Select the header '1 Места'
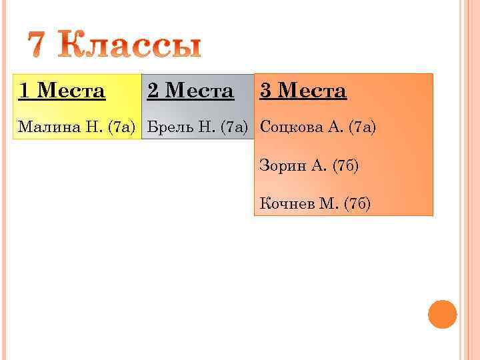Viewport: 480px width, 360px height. pyautogui.click(x=62, y=90)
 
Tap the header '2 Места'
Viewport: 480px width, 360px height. pyautogui.click(x=191, y=90)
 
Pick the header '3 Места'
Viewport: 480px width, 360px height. pyautogui.click(x=303, y=90)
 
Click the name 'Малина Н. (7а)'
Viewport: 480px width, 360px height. pyautogui.click(x=77, y=127)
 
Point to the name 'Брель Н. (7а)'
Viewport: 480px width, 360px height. pyautogui.click(x=197, y=127)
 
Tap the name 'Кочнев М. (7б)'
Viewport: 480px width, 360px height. pyautogui.click(x=315, y=203)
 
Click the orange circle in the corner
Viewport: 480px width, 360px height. pyautogui.click(x=442, y=314)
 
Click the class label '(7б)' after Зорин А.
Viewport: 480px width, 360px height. pyautogui.click(x=345, y=165)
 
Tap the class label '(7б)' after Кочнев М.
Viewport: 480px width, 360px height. pyautogui.click(x=357, y=203)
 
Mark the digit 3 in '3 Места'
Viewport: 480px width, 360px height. pyautogui.click(x=265, y=90)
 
